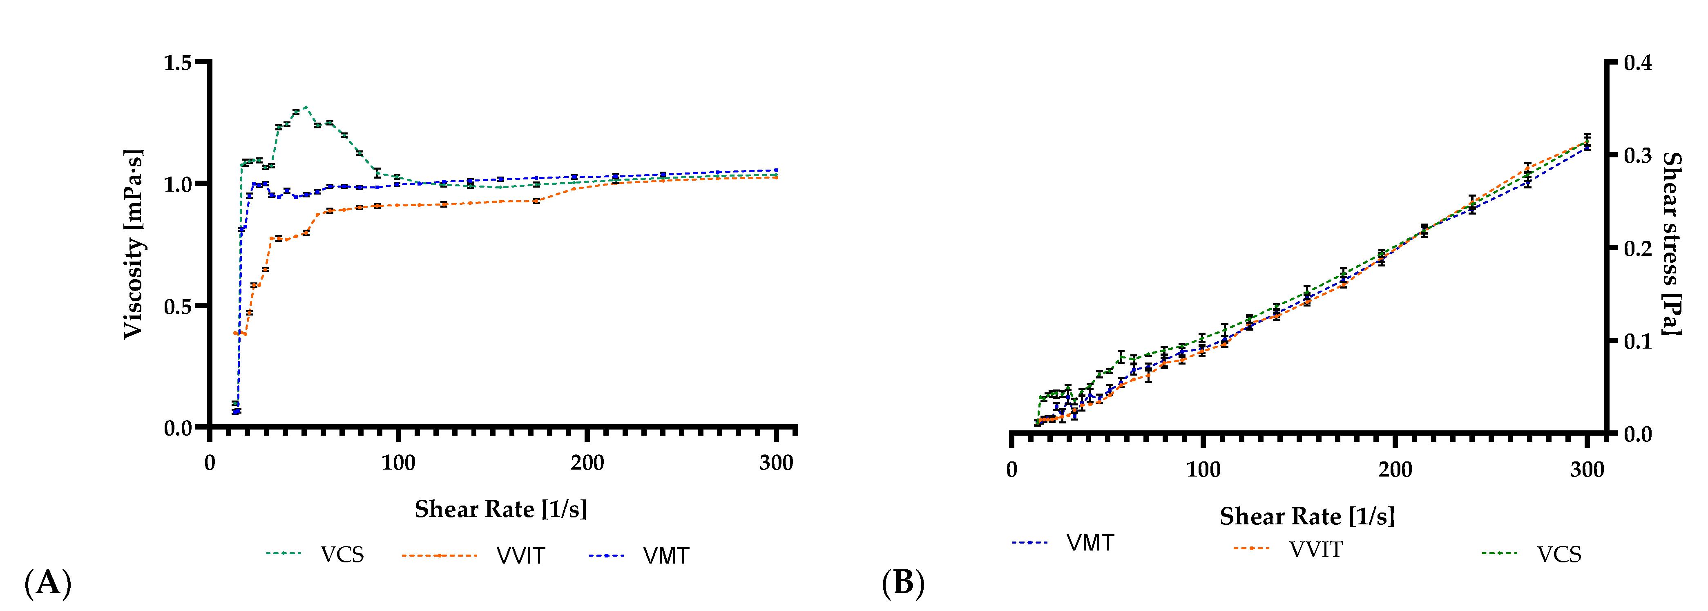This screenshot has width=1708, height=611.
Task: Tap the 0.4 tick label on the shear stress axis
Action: (x=1638, y=63)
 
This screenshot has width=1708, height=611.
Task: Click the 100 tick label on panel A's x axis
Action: (x=398, y=463)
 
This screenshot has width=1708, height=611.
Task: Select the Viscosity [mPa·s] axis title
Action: (x=133, y=244)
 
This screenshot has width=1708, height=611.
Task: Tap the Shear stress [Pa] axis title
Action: (x=1672, y=244)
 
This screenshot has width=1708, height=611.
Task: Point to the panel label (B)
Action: (x=903, y=583)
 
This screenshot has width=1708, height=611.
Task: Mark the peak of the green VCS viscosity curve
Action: (x=305, y=106)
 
